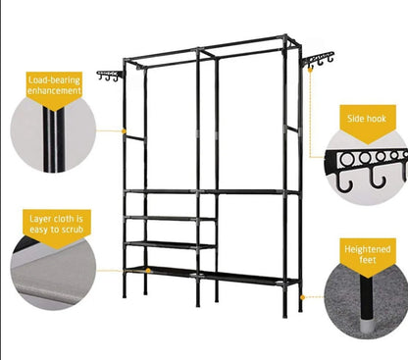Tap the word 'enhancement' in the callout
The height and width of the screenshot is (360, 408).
(x=55, y=89)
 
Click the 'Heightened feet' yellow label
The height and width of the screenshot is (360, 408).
(x=368, y=255)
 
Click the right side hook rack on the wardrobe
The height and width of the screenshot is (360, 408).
(x=319, y=61)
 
